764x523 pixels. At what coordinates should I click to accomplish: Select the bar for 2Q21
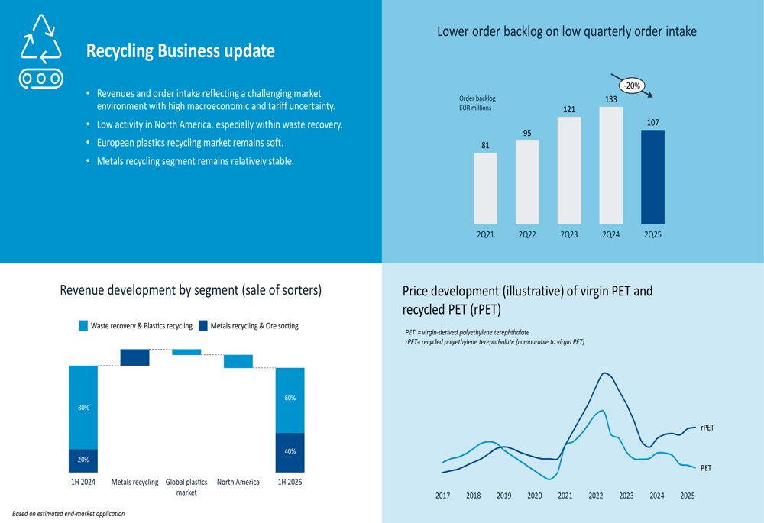(485, 188)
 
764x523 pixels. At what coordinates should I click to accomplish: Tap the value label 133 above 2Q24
(610, 99)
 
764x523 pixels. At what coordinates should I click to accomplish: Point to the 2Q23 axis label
(569, 235)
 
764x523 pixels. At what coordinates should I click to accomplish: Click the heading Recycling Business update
(180, 51)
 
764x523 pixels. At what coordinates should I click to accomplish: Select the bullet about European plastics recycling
(189, 143)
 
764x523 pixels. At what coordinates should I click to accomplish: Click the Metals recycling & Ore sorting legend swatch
(203, 326)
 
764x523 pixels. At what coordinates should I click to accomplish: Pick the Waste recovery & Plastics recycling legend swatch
(83, 326)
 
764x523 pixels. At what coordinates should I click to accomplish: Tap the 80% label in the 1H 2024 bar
(83, 408)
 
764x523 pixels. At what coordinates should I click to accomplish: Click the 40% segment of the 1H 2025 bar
(290, 452)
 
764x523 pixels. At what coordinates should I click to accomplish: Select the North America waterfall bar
(238, 361)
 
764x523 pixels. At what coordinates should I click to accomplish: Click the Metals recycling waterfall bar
(135, 357)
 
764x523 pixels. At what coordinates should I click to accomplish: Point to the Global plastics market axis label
(186, 487)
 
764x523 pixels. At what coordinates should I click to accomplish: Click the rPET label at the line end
(707, 428)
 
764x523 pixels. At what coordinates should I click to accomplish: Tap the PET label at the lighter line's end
(705, 468)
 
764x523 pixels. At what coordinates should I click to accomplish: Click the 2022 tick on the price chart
(596, 496)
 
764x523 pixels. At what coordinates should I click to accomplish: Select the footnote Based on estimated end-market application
(68, 514)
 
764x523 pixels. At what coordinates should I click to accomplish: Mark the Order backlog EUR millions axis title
(477, 103)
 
